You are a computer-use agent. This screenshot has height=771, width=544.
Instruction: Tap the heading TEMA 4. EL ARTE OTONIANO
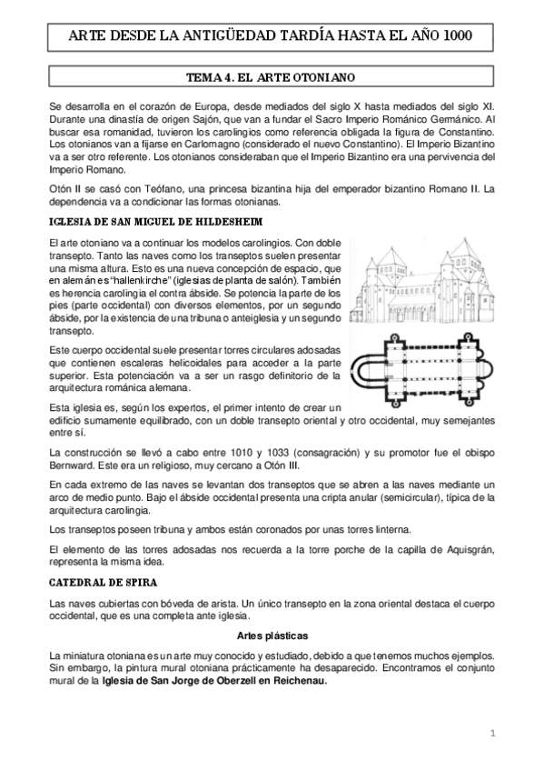pos(272,78)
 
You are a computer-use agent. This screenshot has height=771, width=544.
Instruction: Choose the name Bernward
pos(70,465)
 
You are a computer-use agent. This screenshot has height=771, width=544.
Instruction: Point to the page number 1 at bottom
pos(490,732)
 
